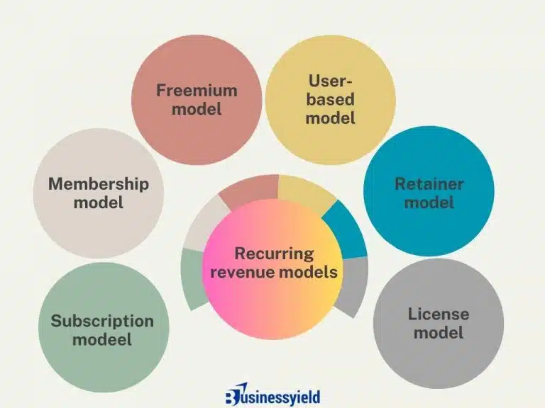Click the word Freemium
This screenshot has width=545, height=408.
[197, 91]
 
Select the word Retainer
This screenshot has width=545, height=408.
[429, 184]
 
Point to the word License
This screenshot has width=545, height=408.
[438, 313]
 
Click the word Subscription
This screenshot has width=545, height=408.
[102, 321]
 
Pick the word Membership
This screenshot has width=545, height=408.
[99, 184]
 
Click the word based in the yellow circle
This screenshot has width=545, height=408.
[330, 100]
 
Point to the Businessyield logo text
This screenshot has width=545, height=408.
[282, 396]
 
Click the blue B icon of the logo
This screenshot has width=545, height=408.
[233, 395]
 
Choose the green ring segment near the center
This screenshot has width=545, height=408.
[192, 276]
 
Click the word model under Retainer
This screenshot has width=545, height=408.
[429, 203]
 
